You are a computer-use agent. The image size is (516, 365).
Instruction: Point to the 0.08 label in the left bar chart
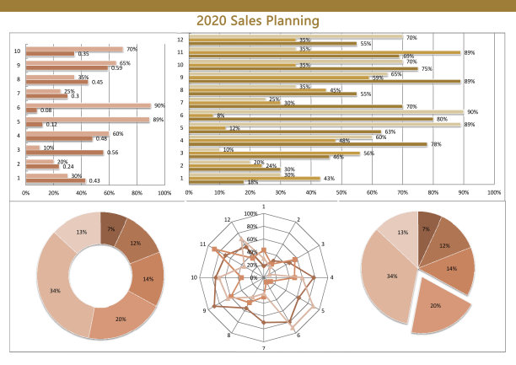coord(46,110)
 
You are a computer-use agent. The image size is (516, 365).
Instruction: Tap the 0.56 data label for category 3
coord(112,153)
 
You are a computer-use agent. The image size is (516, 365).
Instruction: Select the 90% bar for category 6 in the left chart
coord(89,105)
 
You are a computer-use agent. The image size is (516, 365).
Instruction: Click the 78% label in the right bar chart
coord(436,144)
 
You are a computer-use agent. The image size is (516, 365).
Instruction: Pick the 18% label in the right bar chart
coord(251,182)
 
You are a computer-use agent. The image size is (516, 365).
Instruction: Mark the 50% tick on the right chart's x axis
coord(341,192)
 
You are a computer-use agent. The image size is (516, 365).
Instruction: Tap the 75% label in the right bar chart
coord(427,69)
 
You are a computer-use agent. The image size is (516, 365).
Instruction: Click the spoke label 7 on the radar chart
coord(264,347)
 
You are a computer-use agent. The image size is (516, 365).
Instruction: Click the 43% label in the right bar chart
coord(328,178)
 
